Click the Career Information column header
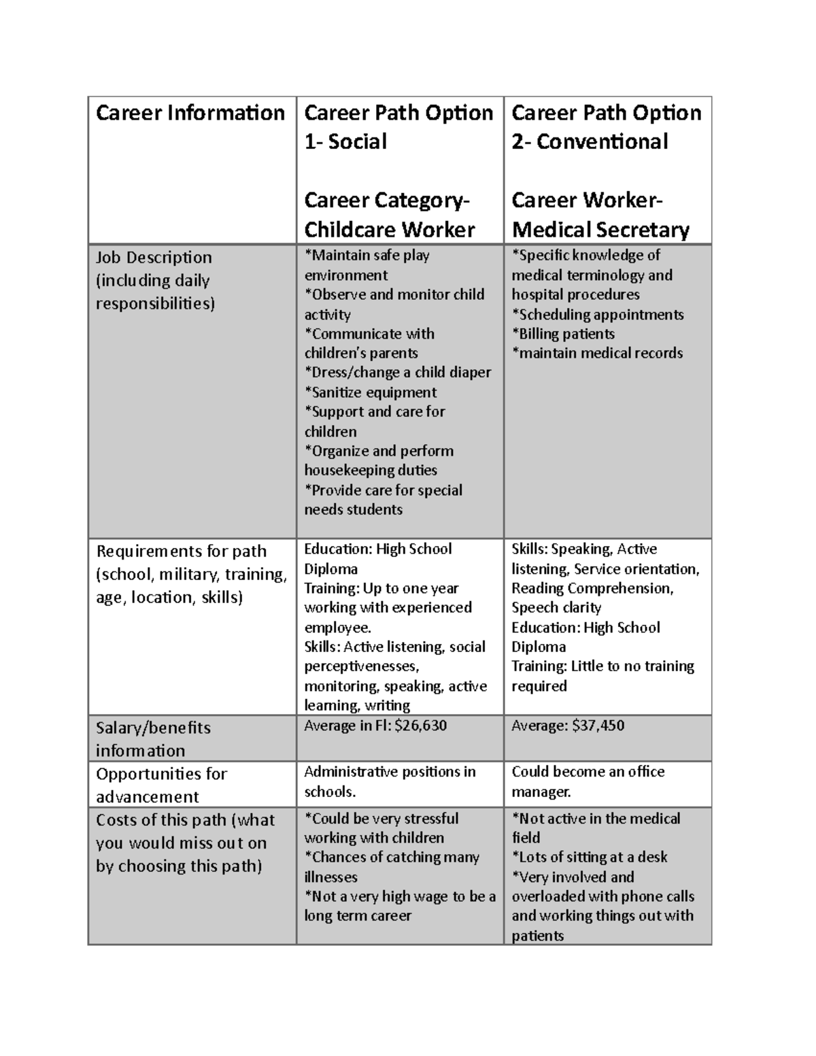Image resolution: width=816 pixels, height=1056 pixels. pyautogui.click(x=190, y=112)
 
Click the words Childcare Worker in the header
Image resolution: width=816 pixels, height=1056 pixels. pyautogui.click(x=389, y=230)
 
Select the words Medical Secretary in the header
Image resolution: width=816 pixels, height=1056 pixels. pyautogui.click(x=600, y=230)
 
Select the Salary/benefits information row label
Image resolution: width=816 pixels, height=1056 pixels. pyautogui.click(x=153, y=738)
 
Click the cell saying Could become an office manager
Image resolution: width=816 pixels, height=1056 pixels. pyautogui.click(x=588, y=781)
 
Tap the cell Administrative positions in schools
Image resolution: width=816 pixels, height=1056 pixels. pyautogui.click(x=389, y=781)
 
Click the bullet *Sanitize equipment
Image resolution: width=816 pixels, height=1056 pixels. pyautogui.click(x=370, y=392)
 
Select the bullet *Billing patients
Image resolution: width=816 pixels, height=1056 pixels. pyautogui.click(x=563, y=334)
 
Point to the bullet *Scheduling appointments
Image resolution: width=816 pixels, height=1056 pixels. pyautogui.click(x=597, y=314)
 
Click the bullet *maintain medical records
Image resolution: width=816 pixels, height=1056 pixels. pyautogui.click(x=597, y=353)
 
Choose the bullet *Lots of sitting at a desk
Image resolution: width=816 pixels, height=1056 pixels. pyautogui.click(x=589, y=857)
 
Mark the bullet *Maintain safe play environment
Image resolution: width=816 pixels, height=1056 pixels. pyautogui.click(x=367, y=265)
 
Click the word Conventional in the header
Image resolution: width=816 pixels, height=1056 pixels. pyautogui.click(x=602, y=141)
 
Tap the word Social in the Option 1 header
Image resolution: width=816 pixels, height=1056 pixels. pyautogui.click(x=357, y=141)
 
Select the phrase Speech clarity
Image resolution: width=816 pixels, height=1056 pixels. pyautogui.click(x=556, y=607)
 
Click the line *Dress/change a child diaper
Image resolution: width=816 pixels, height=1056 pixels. pyautogui.click(x=397, y=373)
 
